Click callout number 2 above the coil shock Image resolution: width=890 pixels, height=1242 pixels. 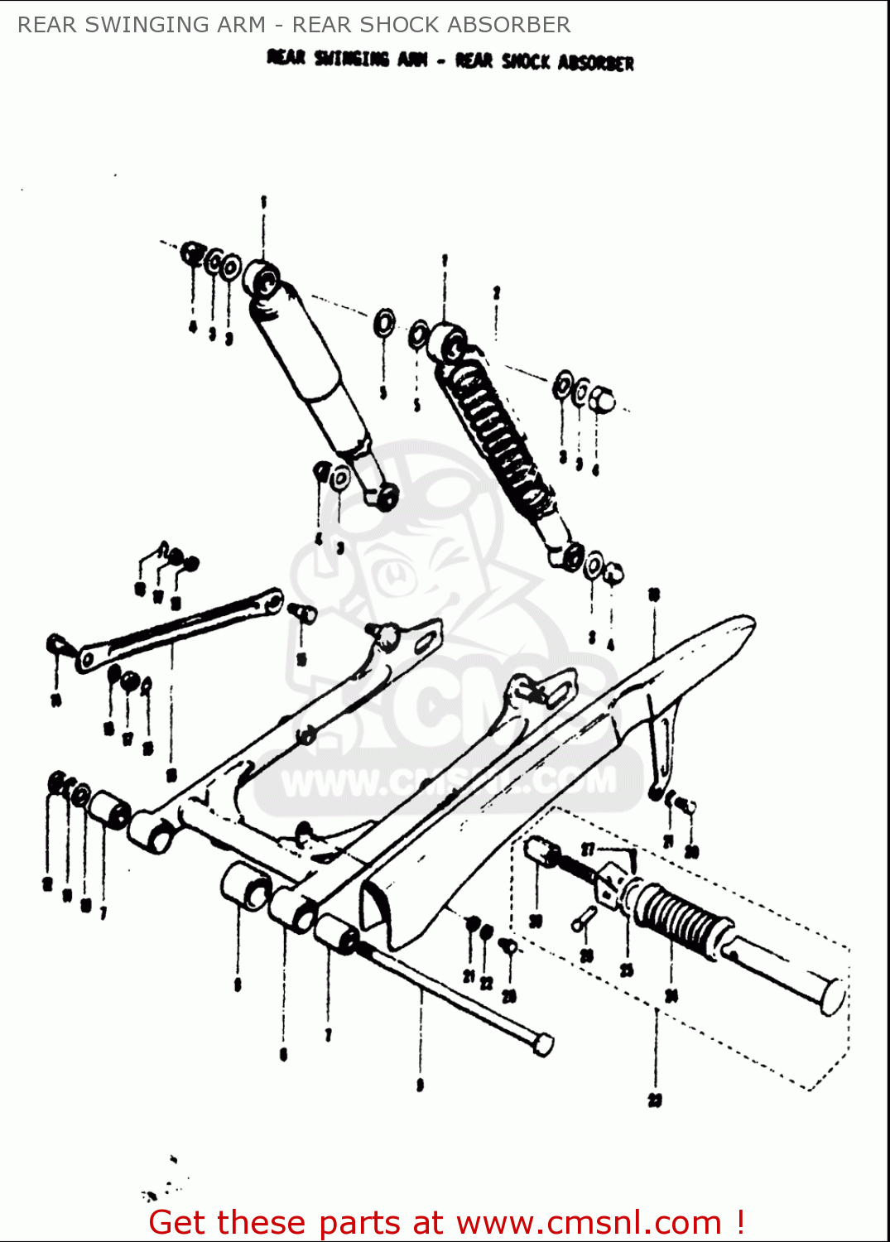click(497, 293)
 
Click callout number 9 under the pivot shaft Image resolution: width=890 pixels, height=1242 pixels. click(421, 1085)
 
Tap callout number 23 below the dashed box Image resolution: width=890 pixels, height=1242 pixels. click(655, 1100)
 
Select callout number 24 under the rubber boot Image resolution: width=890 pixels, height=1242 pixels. click(671, 995)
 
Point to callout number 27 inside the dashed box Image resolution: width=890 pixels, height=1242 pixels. click(589, 850)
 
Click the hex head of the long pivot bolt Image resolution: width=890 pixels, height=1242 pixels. click(542, 1045)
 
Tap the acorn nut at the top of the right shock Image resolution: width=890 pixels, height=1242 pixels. click(603, 400)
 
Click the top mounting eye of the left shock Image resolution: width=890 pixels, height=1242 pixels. click(263, 279)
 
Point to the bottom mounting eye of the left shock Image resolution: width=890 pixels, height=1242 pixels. click(386, 497)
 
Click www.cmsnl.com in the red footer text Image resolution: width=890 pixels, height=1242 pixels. click(589, 1223)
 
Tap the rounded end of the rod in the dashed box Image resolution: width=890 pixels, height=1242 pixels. click(833, 997)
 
